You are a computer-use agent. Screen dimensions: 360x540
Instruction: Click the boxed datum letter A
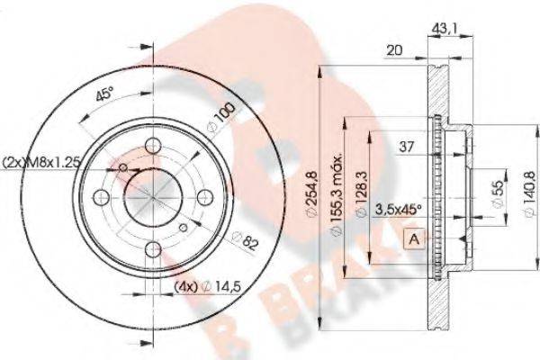[x=414, y=238]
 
